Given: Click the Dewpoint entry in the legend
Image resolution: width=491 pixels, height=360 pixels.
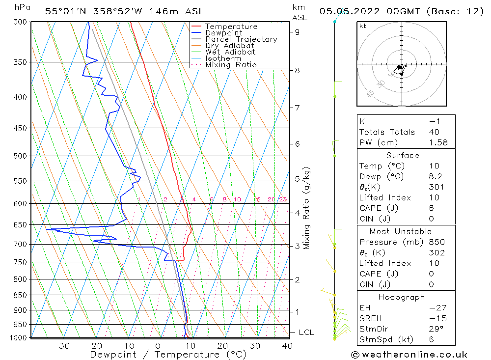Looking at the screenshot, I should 223,33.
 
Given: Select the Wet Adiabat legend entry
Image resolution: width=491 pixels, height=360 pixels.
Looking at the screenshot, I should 230,52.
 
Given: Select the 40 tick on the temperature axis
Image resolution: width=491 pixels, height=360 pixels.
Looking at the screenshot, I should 287,346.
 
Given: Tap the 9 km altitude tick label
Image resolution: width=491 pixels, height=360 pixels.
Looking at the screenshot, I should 298,32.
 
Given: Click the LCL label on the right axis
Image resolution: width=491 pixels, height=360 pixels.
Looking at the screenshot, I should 306,332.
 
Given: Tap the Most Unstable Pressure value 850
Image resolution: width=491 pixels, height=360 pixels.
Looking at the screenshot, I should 436,242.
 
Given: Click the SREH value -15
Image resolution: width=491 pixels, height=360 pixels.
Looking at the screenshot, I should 436,318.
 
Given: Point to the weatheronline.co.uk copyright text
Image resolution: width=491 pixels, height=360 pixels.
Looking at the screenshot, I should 409,355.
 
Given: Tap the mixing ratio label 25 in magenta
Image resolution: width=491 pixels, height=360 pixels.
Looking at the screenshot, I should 283,199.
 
